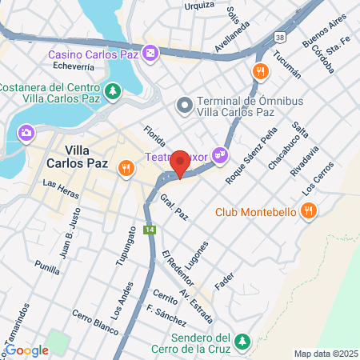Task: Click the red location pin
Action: (180, 163)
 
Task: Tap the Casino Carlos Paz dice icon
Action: (151, 54)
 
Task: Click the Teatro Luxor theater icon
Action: (220, 154)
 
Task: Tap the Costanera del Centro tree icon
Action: (114, 90)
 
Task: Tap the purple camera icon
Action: (26, 131)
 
